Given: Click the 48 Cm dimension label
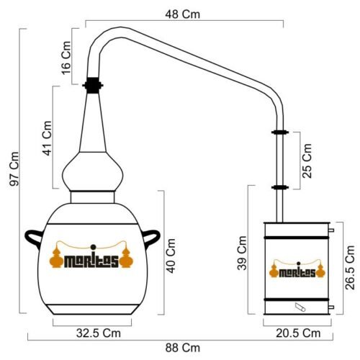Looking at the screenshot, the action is [182, 14].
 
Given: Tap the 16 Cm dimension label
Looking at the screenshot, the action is [66, 58].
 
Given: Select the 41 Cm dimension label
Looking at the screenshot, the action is [47, 138].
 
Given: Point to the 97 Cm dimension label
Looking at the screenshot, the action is [14, 168].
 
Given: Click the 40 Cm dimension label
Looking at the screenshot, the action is [171, 256].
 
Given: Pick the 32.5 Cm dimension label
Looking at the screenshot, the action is [99, 333].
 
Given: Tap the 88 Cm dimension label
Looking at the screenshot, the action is [182, 348].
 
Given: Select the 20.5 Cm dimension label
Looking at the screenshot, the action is [298, 333].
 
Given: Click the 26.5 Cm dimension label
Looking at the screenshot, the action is [350, 267].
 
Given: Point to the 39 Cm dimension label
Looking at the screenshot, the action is [242, 253].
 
